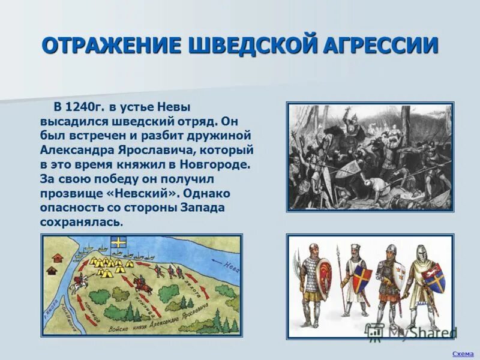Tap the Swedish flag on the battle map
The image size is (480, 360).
click(x=119, y=243)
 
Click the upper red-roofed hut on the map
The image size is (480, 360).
click(x=58, y=257)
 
